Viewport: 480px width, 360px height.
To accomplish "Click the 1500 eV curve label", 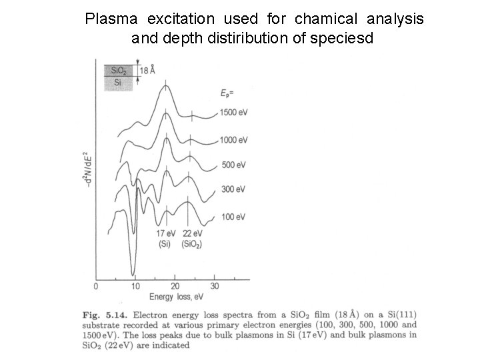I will coord(234,113).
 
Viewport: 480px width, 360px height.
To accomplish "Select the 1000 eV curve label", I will coord(234,139).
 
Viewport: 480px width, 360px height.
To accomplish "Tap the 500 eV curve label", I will coord(233,165).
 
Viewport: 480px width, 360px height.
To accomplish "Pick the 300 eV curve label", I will coord(233,190).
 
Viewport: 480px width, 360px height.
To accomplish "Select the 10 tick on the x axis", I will coord(135,286).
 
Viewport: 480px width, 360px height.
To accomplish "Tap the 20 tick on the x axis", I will coord(175,286).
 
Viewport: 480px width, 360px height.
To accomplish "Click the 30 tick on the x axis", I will coord(214,286).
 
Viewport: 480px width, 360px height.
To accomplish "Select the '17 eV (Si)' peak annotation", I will coord(165,239).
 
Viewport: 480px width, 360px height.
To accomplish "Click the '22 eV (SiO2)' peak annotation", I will coord(191,239).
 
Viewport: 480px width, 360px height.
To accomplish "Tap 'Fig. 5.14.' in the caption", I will coord(99,313).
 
